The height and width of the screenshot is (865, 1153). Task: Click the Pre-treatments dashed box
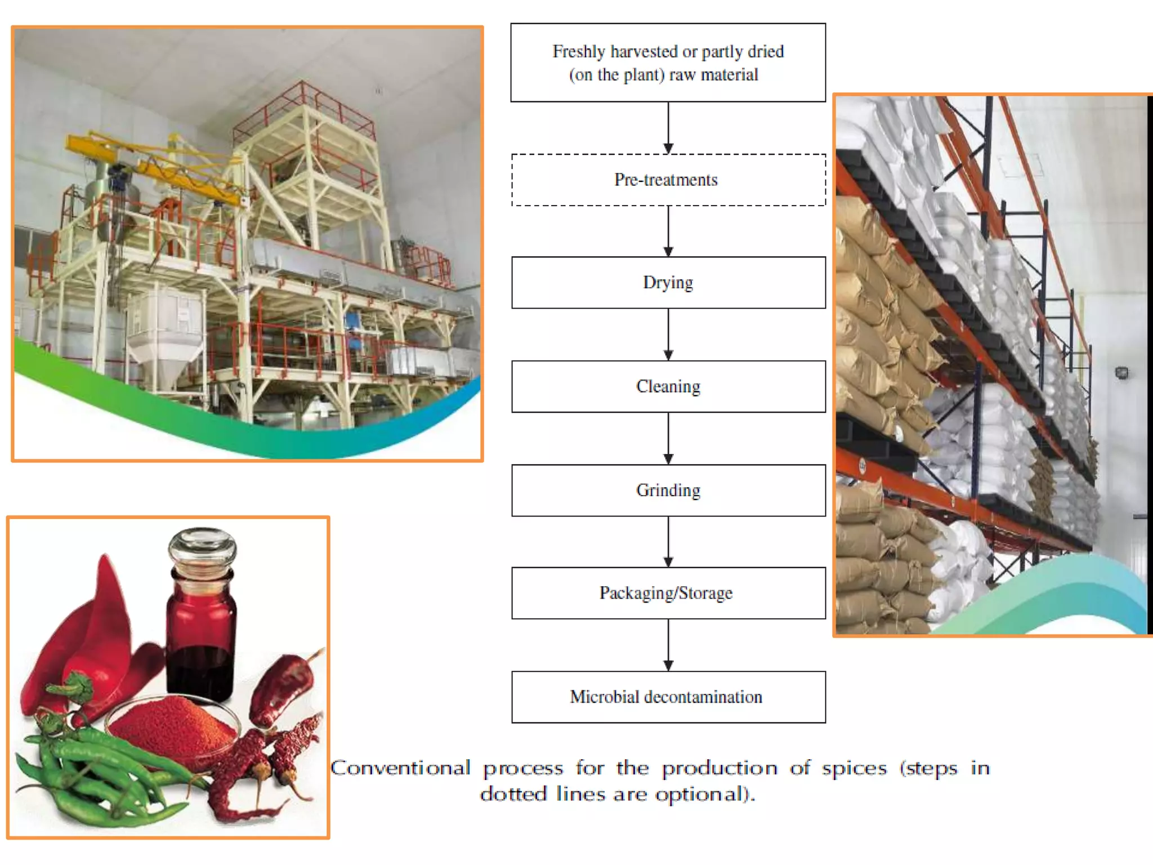tap(668, 180)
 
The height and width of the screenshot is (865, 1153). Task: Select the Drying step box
tap(668, 283)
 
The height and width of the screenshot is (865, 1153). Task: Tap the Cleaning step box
tap(668, 387)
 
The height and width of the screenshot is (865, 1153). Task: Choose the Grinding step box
tap(668, 491)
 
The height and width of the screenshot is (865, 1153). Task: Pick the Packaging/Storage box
tap(668, 593)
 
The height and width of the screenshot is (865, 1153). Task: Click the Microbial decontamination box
tap(668, 697)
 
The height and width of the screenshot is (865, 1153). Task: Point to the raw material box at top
tap(668, 63)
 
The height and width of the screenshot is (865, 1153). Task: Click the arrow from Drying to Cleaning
tap(668, 335)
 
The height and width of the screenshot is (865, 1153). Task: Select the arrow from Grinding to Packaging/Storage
tap(668, 542)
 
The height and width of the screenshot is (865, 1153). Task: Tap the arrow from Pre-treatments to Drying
tap(668, 231)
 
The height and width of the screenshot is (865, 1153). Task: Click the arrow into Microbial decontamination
tap(668, 645)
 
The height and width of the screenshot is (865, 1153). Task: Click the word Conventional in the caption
tap(400, 768)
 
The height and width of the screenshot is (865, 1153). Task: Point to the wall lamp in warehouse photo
tap(1121, 372)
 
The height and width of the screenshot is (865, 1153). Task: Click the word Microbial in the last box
tap(604, 697)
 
